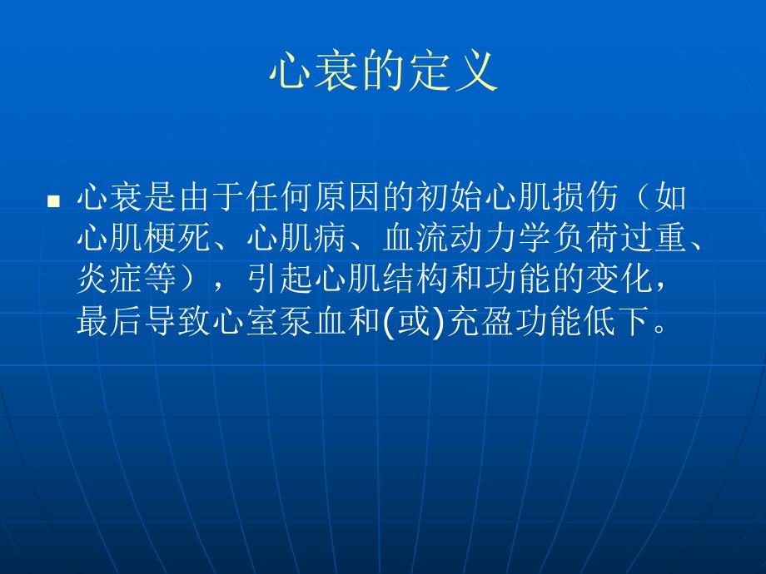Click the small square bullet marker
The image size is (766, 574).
pos(53,201)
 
